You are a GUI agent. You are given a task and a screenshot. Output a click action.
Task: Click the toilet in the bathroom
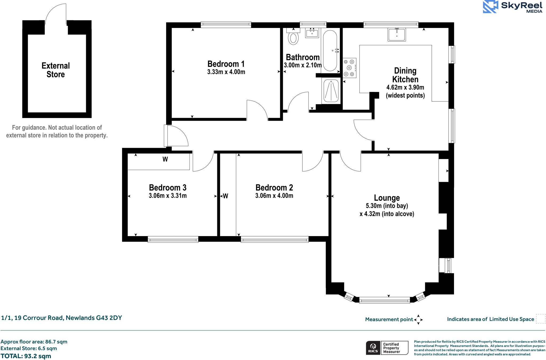293,37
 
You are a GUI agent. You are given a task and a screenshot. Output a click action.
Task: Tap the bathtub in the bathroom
330,50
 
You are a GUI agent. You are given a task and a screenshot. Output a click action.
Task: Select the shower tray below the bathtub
331,91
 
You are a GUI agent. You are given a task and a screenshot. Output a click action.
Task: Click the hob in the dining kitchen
349,68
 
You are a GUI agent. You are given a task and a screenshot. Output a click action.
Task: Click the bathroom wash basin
312,33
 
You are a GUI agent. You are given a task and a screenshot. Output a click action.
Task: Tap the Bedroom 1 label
226,64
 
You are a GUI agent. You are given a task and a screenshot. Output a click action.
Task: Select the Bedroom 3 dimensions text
168,196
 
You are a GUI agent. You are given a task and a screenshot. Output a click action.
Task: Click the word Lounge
387,198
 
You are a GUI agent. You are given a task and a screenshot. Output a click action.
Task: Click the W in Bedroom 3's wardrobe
165,159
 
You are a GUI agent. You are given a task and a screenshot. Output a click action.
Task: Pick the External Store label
56,70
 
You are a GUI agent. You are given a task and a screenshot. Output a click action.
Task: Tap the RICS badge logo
373,348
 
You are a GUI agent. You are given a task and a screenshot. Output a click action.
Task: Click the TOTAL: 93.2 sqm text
26,356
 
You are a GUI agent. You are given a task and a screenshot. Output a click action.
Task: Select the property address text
61,318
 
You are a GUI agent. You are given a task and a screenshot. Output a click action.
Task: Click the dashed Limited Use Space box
541,319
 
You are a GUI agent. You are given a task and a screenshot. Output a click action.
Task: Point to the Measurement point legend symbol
418,319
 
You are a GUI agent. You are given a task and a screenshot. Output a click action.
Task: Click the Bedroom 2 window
275,240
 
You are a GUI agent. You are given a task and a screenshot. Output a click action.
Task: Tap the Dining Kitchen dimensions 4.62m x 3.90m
405,87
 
